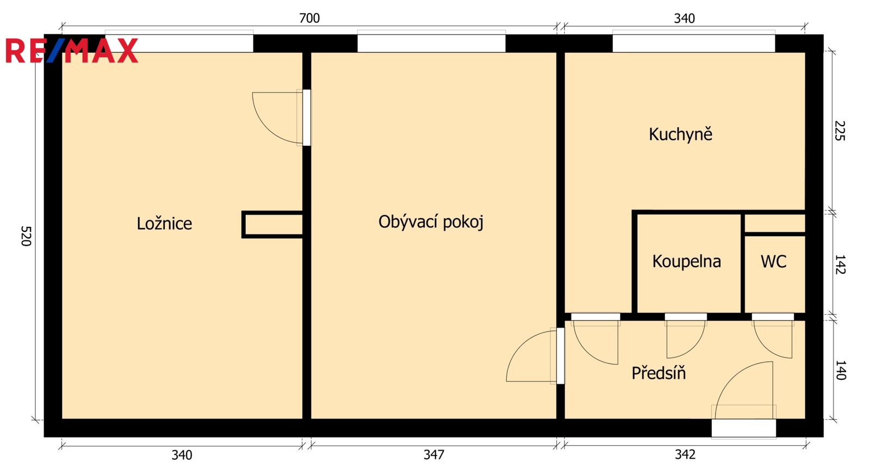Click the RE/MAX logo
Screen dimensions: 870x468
72,51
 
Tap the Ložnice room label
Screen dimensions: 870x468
164,224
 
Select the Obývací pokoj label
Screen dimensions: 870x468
431,223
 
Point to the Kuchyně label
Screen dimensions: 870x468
680,134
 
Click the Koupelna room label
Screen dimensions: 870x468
686,261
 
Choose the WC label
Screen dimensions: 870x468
773,261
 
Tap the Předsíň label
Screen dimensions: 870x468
658,373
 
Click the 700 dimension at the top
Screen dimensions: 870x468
309,19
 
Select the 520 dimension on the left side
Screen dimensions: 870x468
25,236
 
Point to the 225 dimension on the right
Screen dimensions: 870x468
840,131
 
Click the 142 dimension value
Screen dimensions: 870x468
840,264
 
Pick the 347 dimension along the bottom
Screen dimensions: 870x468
433,454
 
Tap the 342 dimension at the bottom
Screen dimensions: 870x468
685,454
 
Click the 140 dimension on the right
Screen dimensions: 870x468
840,370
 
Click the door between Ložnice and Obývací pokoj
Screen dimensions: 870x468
281,118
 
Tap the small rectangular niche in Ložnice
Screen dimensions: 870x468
272,225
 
